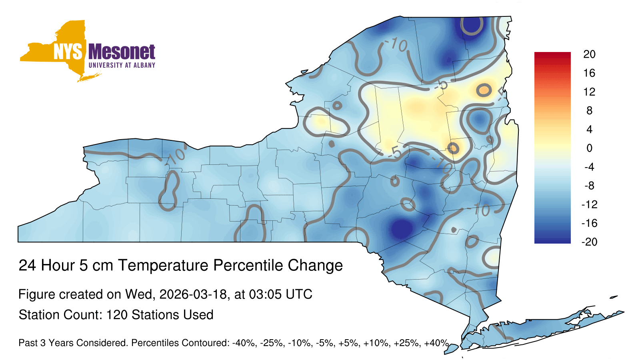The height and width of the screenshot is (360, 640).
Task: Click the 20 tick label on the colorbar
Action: [589, 54]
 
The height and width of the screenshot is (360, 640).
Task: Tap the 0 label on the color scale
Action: [589, 148]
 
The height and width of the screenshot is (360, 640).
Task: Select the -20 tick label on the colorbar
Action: [590, 242]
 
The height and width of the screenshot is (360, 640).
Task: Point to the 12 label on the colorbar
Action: [589, 92]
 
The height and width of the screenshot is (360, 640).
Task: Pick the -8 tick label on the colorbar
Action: [590, 186]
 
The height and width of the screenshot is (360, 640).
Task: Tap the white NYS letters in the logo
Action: [68, 52]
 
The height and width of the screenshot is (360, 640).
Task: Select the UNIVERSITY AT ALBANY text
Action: [122, 65]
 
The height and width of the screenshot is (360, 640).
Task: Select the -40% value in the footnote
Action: [244, 343]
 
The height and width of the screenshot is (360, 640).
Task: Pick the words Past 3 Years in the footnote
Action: [45, 343]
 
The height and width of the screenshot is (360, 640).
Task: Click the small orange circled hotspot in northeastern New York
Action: [484, 90]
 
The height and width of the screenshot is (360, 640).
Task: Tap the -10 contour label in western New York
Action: [176, 156]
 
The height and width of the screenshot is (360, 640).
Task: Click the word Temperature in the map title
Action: [163, 265]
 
